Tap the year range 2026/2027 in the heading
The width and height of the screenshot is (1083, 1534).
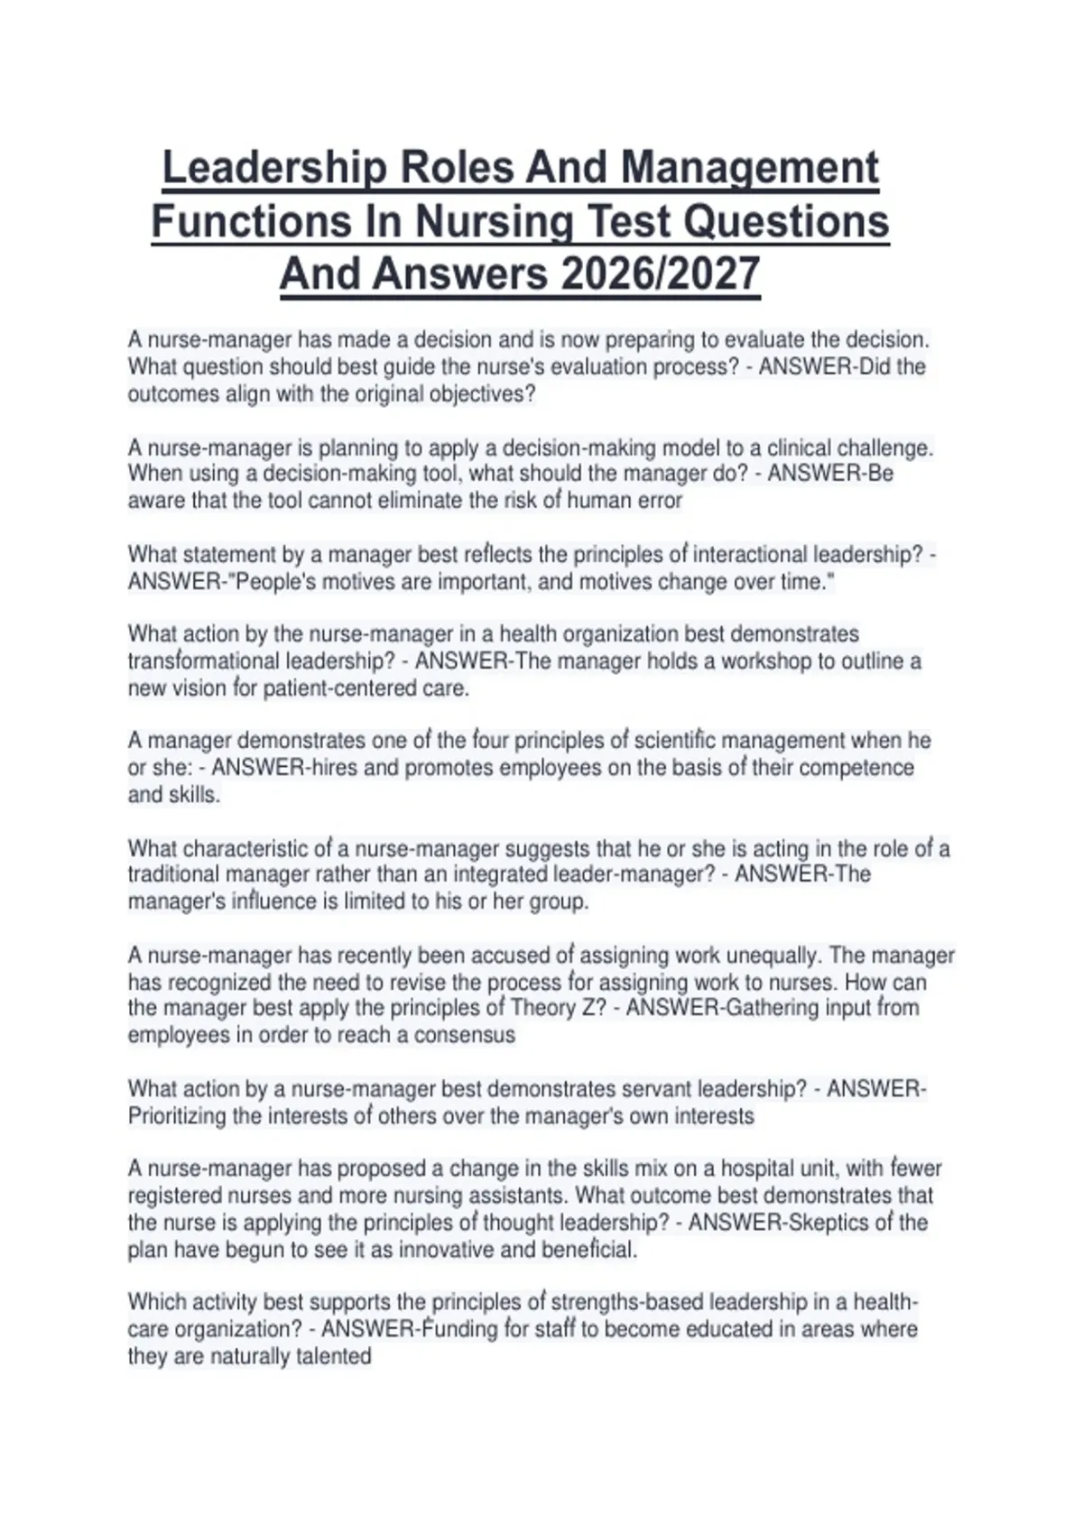660,274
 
